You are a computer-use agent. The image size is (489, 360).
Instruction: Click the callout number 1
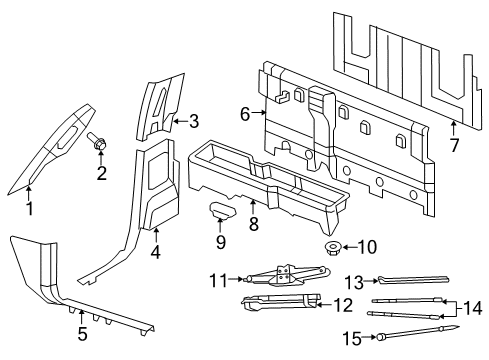pos(29,209)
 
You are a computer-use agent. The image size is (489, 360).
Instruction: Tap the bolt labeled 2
pos(99,146)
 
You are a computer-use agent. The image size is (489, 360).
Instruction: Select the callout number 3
pos(194,121)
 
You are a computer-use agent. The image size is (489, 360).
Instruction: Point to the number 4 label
pos(155,252)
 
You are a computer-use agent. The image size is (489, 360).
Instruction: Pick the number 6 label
pos(244,114)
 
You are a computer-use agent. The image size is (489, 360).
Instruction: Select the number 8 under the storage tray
pos(253,227)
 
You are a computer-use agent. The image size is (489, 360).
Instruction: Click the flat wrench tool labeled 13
pos(410,283)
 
